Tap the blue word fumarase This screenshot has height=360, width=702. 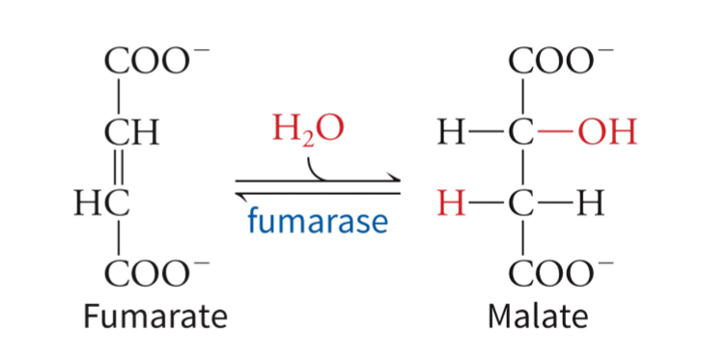tap(318, 223)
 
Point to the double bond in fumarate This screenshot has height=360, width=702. tap(118, 168)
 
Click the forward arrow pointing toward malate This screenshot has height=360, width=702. tap(319, 179)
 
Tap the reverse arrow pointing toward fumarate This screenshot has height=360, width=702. tap(319, 191)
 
